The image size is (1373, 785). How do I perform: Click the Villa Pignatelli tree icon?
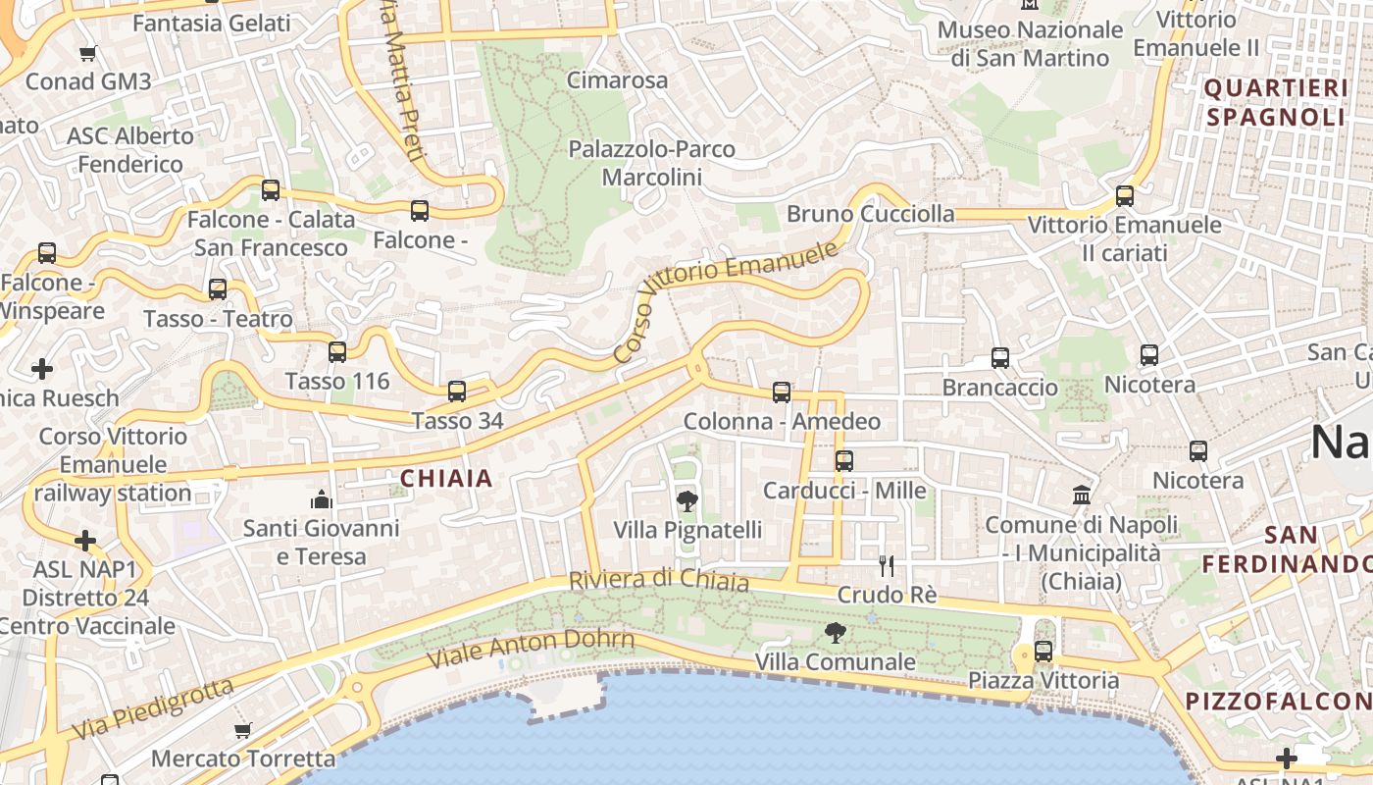[687, 501]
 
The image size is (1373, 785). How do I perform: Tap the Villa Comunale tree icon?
[835, 633]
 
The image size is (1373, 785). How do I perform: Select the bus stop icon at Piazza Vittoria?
[1043, 651]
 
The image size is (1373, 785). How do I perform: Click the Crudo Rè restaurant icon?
[887, 565]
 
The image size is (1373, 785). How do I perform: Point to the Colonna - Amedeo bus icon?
[782, 392]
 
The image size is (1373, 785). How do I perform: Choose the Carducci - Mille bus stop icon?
[844, 460]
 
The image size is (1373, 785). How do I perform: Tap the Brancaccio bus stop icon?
[1000, 358]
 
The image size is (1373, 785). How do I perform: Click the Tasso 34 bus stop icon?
[457, 392]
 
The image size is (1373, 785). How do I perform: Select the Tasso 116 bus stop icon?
[337, 351]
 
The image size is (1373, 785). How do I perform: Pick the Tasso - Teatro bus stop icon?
[218, 289]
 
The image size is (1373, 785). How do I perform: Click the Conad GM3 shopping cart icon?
[88, 53]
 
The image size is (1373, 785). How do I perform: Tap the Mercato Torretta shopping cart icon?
[242, 730]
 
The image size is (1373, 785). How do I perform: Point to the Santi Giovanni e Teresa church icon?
[321, 500]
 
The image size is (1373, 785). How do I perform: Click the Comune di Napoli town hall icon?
[1082, 495]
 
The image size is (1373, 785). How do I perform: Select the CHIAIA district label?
[446, 479]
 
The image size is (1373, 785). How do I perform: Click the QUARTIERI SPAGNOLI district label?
[1275, 103]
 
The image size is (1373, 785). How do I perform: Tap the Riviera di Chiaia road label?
[659, 580]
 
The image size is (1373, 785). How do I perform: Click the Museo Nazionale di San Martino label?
[1030, 43]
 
